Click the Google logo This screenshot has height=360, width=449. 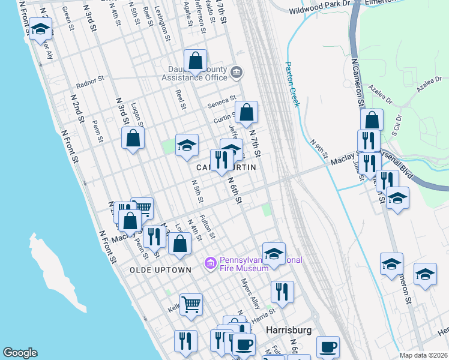click(20, 353)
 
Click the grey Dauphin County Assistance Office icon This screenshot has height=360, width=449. click(237, 73)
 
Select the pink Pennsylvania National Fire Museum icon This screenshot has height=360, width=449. click(210, 263)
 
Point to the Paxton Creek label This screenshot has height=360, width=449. click(292, 85)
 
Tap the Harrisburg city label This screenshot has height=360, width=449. click(289, 331)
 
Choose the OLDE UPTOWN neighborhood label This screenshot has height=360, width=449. click(160, 270)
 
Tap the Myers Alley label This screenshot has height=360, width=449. click(251, 290)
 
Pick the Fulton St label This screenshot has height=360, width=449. click(207, 227)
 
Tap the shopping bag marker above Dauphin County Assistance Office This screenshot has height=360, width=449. click(195, 61)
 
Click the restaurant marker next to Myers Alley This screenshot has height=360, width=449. click(282, 292)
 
